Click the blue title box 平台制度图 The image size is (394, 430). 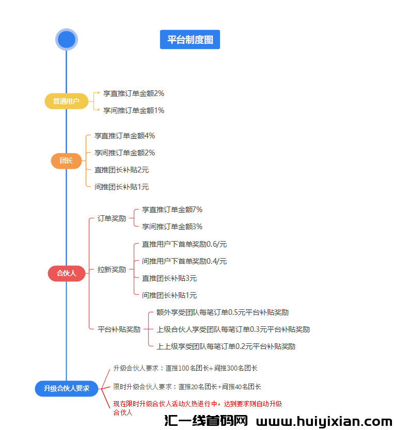click(190, 40)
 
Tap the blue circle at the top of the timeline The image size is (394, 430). click(66, 39)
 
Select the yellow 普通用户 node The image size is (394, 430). click(66, 102)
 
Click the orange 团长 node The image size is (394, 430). click(66, 161)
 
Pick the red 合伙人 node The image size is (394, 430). click(66, 273)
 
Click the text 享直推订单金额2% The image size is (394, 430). click(133, 93)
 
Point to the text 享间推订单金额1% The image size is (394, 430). click(133, 110)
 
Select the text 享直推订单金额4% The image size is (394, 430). click(124, 136)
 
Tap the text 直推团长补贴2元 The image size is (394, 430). click(121, 170)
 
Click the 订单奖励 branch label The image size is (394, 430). click(112, 218)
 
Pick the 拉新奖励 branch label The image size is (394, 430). click(112, 269)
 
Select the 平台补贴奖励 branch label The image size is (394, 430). click(119, 329)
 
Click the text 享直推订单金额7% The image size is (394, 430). click(172, 210)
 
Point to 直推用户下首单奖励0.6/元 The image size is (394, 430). click(184, 244)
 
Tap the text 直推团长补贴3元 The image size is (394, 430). click(169, 278)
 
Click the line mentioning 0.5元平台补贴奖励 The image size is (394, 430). click(222, 312)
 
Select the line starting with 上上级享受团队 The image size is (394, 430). click(226, 346)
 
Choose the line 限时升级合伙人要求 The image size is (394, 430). click(187, 387)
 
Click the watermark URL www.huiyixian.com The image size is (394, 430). click(324, 422)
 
